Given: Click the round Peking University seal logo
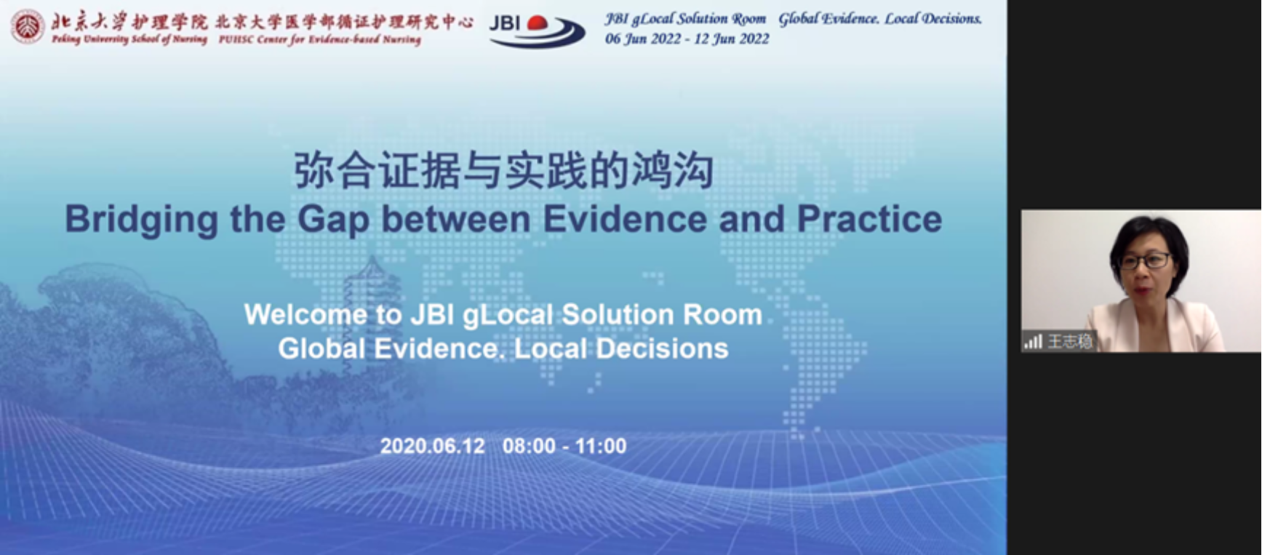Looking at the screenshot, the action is [x=28, y=26].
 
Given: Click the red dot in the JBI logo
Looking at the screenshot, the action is [x=538, y=23].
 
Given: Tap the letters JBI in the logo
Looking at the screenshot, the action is [x=506, y=23].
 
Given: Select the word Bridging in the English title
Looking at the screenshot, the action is [x=142, y=220].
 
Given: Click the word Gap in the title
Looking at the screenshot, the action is [x=334, y=220].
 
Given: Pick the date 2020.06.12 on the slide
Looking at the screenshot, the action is [x=432, y=446].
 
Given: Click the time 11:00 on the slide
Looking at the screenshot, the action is [x=601, y=446].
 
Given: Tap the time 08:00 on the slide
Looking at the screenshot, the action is [x=529, y=446].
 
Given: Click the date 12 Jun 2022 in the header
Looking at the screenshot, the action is [x=731, y=39].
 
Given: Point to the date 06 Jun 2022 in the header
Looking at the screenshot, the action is [x=643, y=39].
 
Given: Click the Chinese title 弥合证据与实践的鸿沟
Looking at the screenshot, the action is [x=503, y=172].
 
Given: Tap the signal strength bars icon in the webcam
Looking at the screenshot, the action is [x=1034, y=341].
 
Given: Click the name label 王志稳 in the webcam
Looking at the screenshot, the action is [x=1070, y=341].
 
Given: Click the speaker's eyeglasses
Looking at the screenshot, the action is [x=1145, y=260].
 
